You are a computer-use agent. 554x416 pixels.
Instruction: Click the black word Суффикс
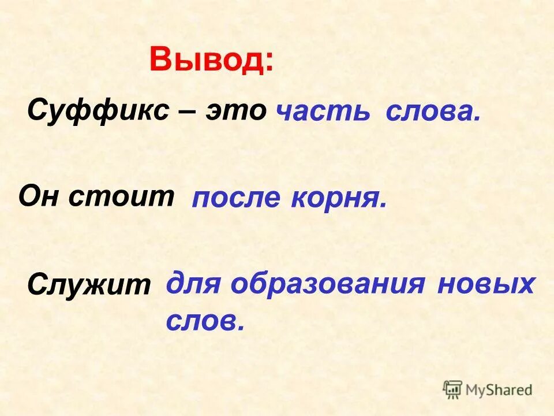click(x=98, y=110)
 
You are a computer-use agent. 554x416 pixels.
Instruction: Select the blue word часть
click(x=324, y=112)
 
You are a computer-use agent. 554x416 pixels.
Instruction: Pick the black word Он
click(x=39, y=197)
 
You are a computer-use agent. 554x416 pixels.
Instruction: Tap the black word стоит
click(x=121, y=197)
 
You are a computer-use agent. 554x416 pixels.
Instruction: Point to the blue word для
click(x=194, y=285)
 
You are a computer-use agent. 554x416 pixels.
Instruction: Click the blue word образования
click(x=328, y=284)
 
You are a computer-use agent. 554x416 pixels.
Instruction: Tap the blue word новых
click(x=485, y=284)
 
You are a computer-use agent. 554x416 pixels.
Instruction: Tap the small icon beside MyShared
click(x=453, y=389)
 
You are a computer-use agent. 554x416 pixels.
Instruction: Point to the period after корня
click(x=383, y=206)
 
